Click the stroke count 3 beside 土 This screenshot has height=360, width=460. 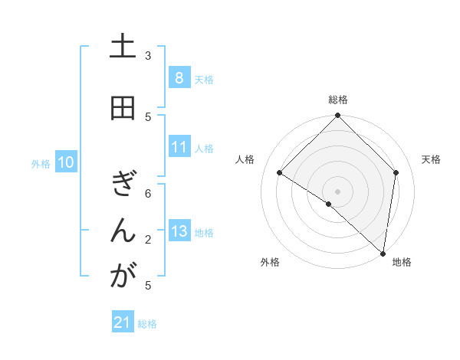[x=148, y=55]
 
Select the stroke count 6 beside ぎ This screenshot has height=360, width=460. [x=148, y=194]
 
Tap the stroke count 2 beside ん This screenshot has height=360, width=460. [x=148, y=240]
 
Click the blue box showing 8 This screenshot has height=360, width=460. [x=179, y=78]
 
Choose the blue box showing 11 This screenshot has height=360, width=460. [x=179, y=147]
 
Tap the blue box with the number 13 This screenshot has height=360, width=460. [x=179, y=231]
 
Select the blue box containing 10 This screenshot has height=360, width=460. [x=66, y=162]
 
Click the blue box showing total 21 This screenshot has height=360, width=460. [x=123, y=323]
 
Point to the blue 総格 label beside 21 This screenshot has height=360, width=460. [x=147, y=324]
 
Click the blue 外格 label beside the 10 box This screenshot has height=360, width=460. [x=41, y=163]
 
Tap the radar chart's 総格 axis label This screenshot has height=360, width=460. [x=338, y=100]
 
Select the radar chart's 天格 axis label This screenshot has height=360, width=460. [x=431, y=159]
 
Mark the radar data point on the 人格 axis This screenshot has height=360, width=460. [x=280, y=173]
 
